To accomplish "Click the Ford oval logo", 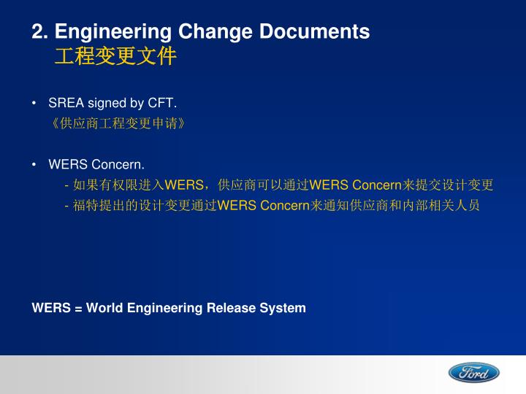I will click(473, 373).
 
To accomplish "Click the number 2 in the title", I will click(37, 32).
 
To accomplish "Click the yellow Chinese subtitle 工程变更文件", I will click(115, 56).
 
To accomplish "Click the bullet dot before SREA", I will click(35, 103).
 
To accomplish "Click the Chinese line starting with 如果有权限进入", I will click(280, 185).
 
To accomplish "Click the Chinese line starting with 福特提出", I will click(272, 206).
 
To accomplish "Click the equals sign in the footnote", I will click(77, 308).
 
